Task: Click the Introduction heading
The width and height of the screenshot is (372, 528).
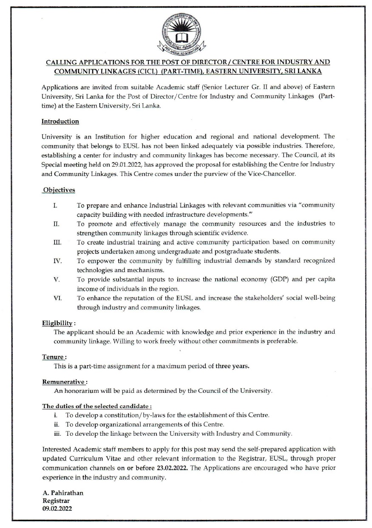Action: [x=60, y=122]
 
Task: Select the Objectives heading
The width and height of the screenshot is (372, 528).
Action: [x=59, y=190]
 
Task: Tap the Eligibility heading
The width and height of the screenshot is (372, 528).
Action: [x=55, y=323]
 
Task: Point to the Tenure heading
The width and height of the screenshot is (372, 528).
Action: [x=53, y=357]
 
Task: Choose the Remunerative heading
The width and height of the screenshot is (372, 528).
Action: [x=64, y=382]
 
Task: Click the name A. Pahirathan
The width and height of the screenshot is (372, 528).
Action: [x=63, y=493]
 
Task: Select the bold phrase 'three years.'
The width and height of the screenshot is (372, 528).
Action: [x=232, y=366]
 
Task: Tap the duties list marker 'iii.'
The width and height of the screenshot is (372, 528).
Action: [x=59, y=434]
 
